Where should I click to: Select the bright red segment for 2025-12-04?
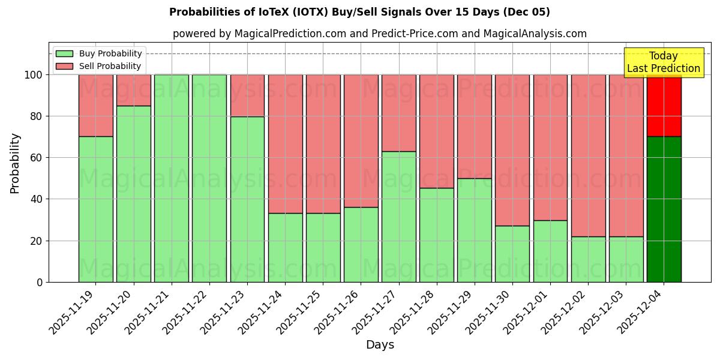pyautogui.click(x=664, y=106)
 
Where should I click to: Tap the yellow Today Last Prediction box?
pyautogui.click(x=664, y=62)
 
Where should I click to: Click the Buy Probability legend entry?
pyautogui.click(x=99, y=53)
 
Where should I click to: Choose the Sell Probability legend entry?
pyautogui.click(x=99, y=66)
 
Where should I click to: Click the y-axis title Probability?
pyautogui.click(x=15, y=163)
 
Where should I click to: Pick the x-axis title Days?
pyautogui.click(x=380, y=345)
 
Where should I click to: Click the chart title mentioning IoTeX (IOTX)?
pyautogui.click(x=359, y=12)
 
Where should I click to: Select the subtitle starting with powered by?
pyautogui.click(x=379, y=34)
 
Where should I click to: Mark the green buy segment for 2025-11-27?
pyautogui.click(x=399, y=217)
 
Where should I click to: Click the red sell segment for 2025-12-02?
pyautogui.click(x=588, y=155)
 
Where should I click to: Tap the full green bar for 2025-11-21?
pyautogui.click(x=172, y=178)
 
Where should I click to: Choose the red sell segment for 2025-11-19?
pyautogui.click(x=96, y=106)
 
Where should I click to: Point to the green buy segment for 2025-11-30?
pyautogui.click(x=512, y=254)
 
